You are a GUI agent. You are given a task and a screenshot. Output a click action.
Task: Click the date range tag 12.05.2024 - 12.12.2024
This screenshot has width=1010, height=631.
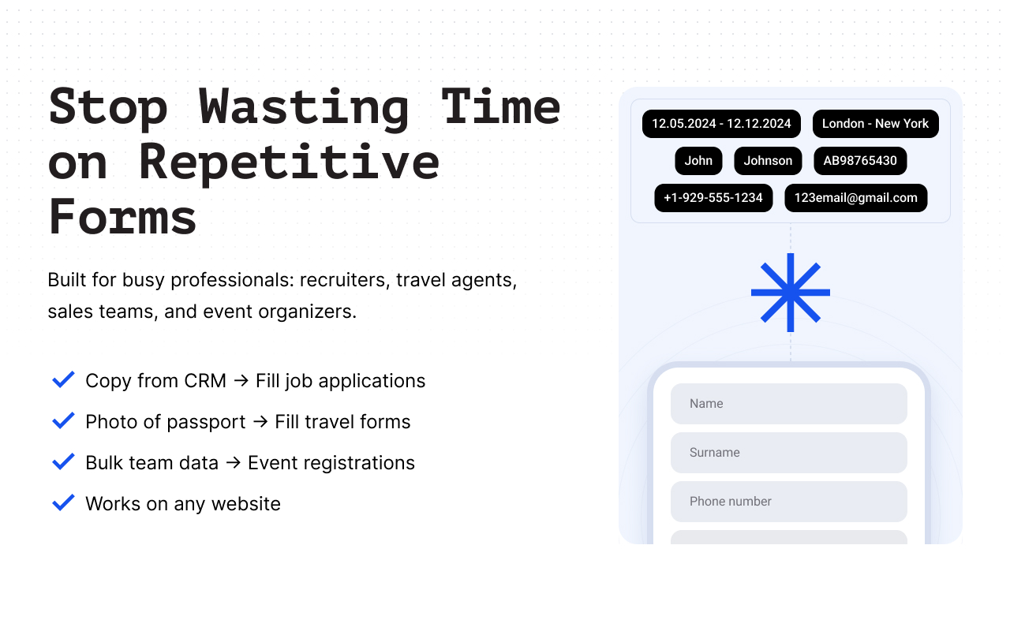coord(721,124)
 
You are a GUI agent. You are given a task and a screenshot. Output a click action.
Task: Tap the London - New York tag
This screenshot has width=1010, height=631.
coord(875,124)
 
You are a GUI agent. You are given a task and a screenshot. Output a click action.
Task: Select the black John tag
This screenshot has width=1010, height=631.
coord(698,161)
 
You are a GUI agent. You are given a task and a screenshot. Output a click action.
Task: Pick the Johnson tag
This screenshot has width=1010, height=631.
coord(768,161)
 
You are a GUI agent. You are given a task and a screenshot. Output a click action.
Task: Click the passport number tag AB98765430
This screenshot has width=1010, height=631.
coord(860,161)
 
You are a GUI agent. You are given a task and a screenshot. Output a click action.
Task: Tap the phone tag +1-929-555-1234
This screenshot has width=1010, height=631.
coord(713,198)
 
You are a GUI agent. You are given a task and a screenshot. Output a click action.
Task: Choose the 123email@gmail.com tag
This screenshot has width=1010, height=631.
coord(855,198)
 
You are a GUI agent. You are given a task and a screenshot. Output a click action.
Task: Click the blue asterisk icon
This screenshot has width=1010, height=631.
coord(790,293)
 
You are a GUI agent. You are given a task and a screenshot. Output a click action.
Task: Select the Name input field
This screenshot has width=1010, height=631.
coord(788,404)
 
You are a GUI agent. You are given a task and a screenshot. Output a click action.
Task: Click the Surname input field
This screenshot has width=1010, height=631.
coord(788,453)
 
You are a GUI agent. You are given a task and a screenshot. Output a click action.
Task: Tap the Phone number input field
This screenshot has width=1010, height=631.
coord(788,502)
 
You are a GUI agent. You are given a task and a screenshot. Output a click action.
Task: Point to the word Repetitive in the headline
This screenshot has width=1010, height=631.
coord(289,162)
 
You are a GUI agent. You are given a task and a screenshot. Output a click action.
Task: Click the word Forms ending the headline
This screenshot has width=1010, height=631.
coord(122,217)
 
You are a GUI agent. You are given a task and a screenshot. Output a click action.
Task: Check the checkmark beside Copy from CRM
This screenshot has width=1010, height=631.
coord(63,380)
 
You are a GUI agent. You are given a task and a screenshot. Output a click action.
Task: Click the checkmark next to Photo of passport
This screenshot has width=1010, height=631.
coord(63,421)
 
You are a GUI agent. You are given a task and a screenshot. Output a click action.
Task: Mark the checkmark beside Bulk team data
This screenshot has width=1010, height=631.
coord(63,462)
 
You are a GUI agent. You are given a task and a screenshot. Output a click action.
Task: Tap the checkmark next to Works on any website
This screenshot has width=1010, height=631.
coord(63,503)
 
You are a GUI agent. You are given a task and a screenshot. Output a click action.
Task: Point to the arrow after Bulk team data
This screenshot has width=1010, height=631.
coord(233,463)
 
